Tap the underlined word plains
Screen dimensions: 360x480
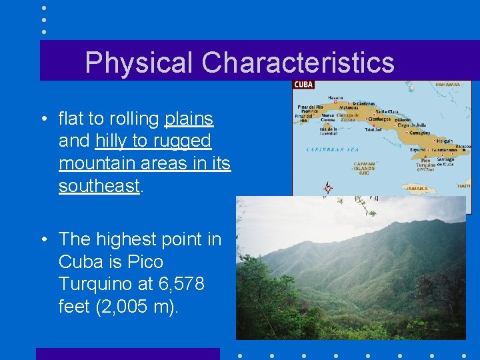pos(189,119)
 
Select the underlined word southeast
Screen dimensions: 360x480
pos(99,186)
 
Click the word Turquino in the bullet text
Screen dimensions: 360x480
pos(91,285)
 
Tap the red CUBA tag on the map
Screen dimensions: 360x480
pos(303,85)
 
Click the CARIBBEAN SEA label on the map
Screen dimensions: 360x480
pos(333,149)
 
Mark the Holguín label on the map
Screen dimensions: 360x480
pos(445,141)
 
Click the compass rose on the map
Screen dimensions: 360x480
pos(327,188)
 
